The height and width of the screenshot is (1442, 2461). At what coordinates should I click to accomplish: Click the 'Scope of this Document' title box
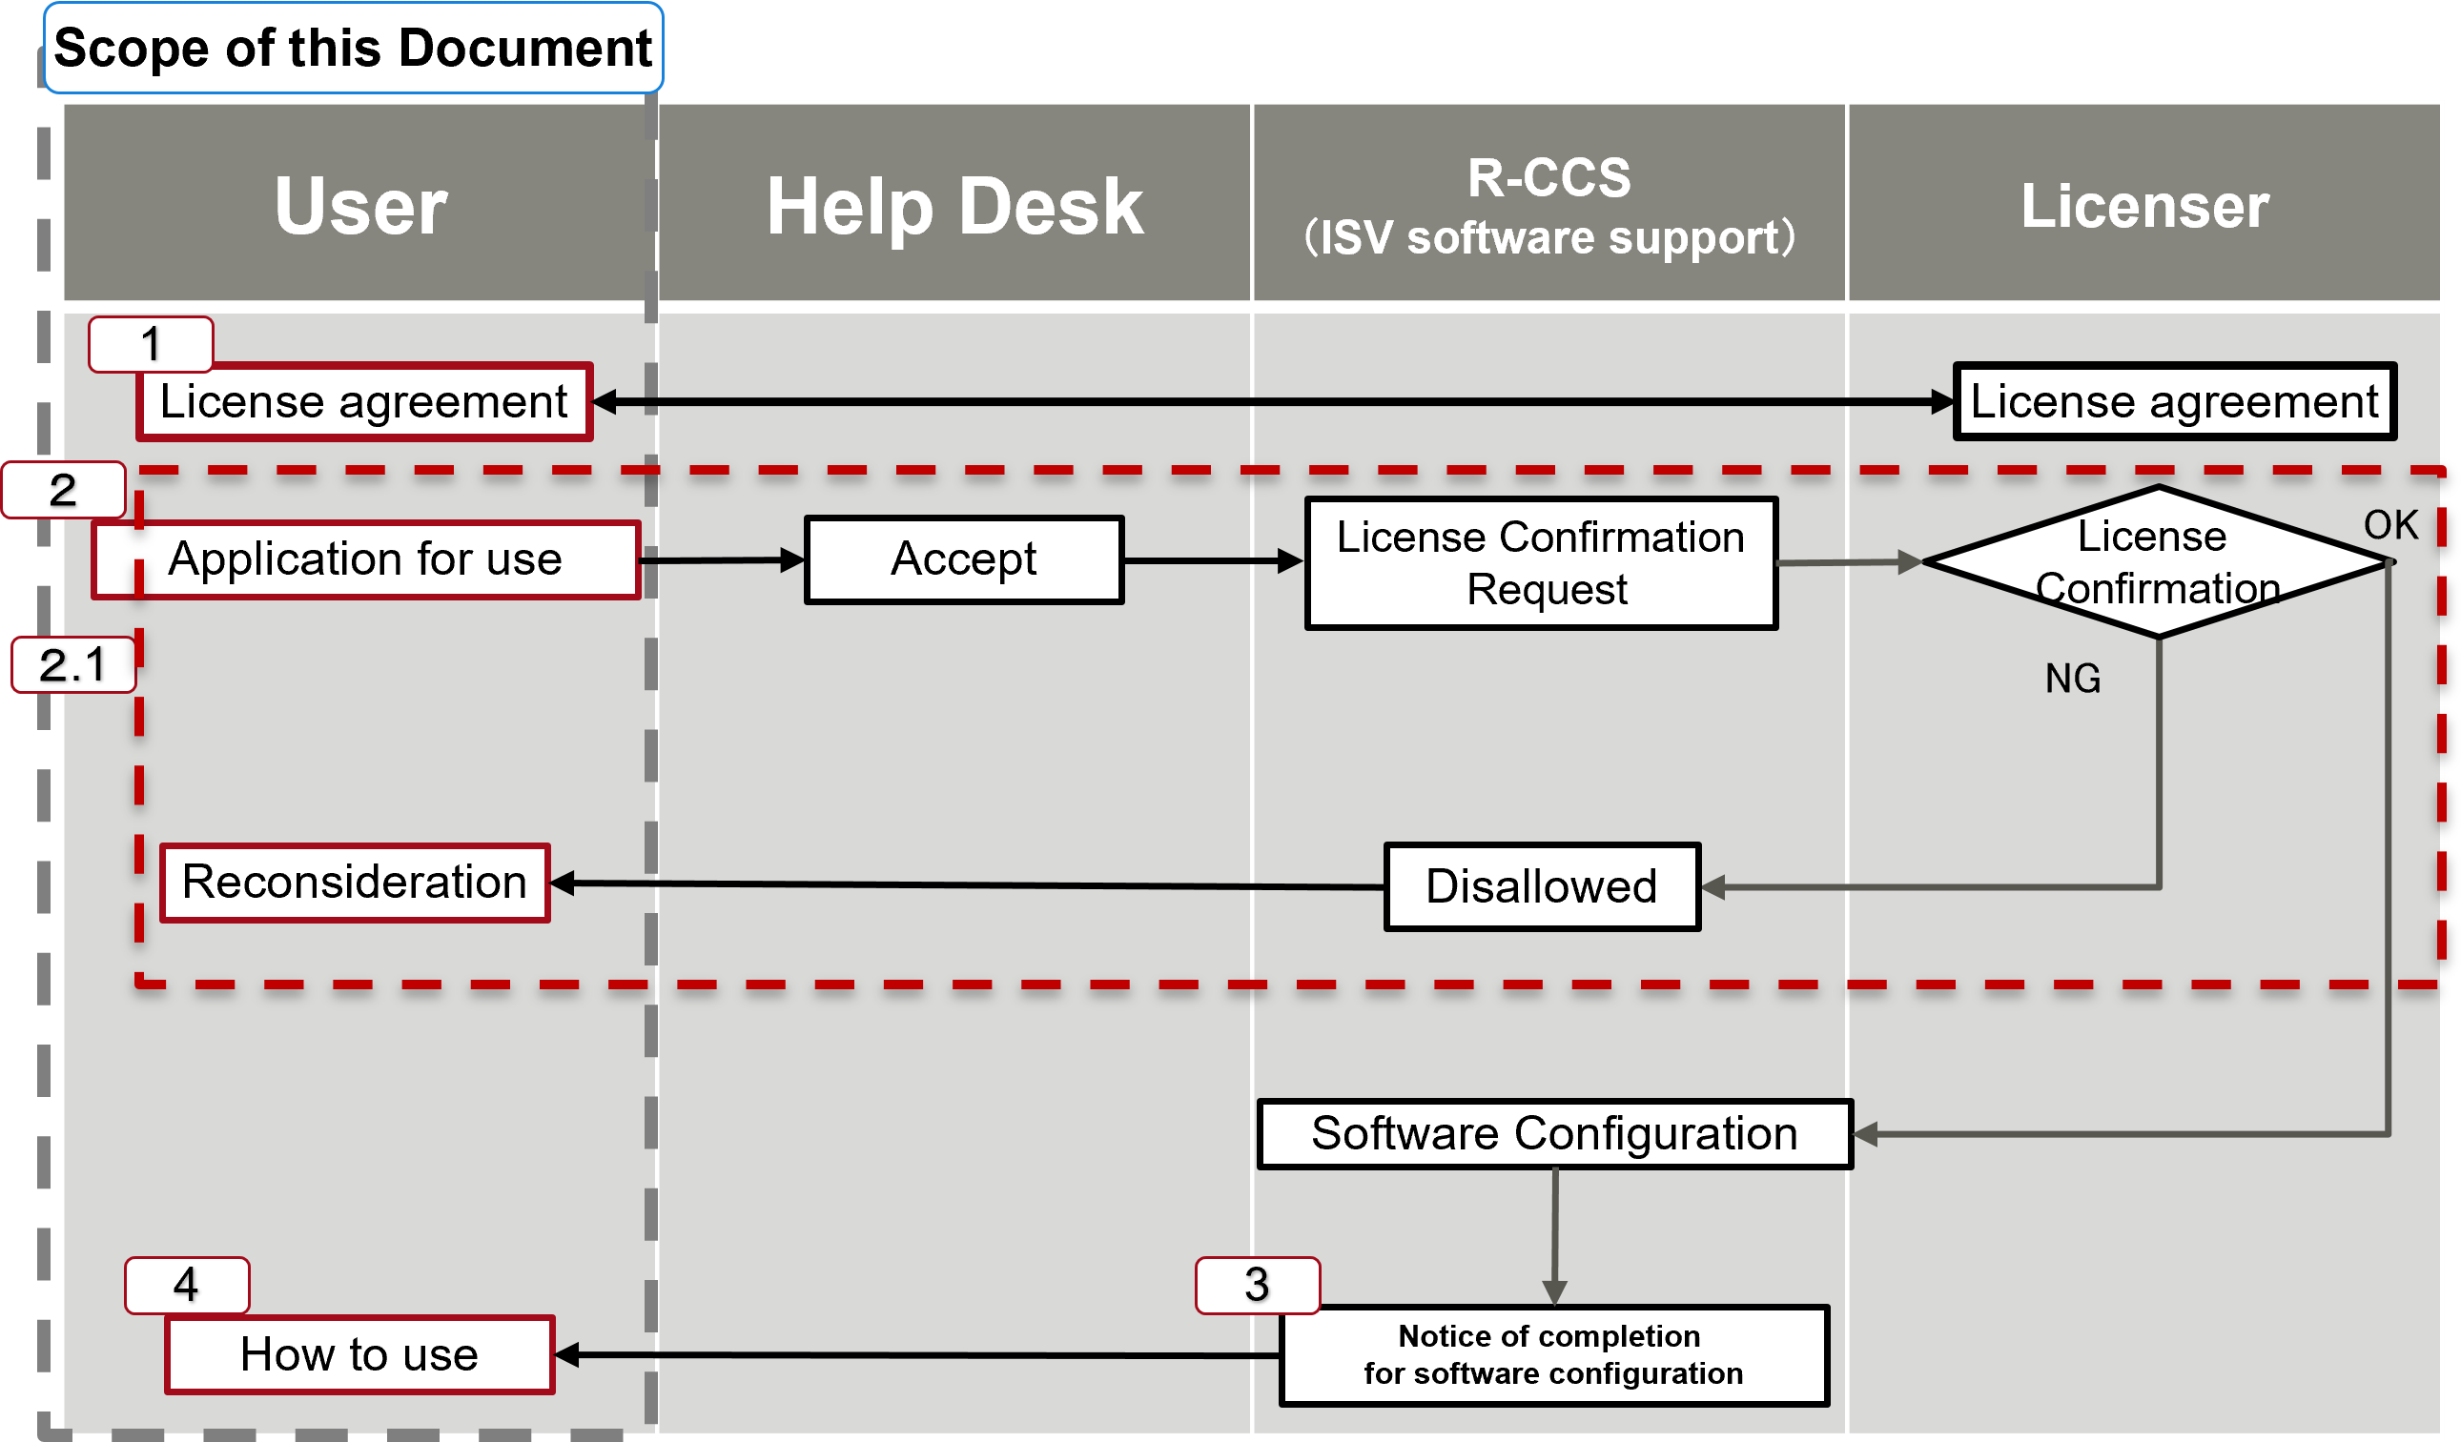353,48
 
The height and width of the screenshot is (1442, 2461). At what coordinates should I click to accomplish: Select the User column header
359,205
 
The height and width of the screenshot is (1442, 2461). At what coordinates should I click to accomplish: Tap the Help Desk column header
954,205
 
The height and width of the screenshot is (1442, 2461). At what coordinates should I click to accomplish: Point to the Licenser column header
2143,205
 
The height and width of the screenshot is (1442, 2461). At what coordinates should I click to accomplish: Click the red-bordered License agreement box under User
364,402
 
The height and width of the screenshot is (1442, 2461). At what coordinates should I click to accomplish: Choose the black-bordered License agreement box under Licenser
2174,402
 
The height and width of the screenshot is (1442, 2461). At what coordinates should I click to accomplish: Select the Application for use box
366,559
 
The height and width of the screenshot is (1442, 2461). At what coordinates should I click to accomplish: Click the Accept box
964,559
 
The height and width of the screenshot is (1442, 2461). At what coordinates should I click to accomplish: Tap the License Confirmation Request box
1540,563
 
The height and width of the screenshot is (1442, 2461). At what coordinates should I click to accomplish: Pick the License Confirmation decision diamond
2157,562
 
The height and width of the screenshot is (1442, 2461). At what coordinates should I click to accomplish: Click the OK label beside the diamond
2389,525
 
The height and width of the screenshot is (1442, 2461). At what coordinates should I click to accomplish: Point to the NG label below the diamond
2072,679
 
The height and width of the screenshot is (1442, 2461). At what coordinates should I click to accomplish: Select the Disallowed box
1541,886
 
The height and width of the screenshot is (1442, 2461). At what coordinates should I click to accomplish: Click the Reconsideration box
355,883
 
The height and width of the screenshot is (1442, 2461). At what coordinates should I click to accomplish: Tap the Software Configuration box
1554,1133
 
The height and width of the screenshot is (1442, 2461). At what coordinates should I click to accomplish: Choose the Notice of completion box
1552,1355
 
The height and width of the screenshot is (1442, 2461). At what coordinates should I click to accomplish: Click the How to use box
359,1354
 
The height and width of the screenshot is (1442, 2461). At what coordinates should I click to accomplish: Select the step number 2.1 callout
73,665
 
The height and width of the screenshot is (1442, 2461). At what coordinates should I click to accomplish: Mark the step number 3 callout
1257,1285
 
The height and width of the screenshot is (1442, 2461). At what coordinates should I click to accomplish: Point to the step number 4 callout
187,1285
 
